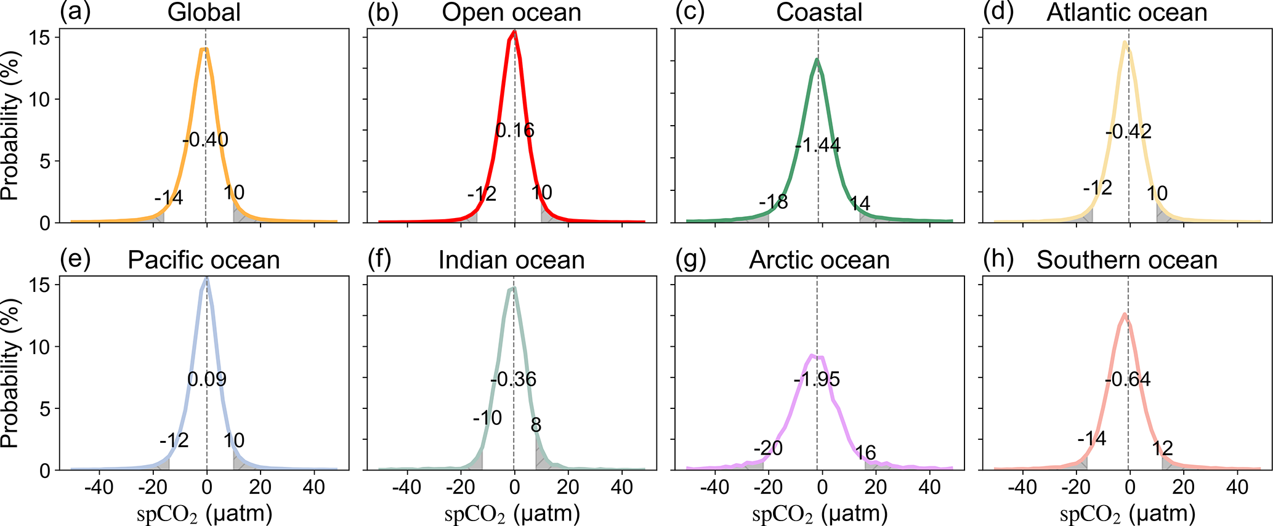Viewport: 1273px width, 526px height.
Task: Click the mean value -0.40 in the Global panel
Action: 206,140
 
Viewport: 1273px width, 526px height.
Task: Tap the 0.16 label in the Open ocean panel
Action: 515,130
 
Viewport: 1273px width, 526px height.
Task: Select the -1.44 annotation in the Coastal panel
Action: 818,145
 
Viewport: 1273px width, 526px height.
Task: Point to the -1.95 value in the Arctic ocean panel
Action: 817,379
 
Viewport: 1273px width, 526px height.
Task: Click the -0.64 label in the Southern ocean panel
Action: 1128,379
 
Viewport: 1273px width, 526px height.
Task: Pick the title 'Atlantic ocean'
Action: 1127,13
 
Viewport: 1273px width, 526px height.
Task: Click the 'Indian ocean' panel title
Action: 511,260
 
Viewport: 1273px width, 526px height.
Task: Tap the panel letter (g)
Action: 690,259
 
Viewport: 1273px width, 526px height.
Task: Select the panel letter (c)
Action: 690,12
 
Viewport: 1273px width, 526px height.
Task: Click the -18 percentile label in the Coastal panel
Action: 774,201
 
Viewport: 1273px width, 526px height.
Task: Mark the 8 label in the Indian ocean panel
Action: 536,425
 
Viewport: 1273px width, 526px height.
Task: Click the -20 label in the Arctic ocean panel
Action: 768,448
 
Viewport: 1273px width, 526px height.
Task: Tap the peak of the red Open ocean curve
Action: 514,32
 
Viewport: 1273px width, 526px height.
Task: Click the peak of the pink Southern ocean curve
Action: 1125,314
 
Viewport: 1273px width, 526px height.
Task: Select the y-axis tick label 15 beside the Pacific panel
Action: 40,285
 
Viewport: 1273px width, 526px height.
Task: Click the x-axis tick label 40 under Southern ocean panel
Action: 1237,488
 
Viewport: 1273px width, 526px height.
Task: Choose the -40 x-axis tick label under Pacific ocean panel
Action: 99,488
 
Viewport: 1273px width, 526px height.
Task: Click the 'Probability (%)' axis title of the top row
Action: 10,126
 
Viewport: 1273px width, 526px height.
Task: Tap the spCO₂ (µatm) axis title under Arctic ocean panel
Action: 820,513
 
